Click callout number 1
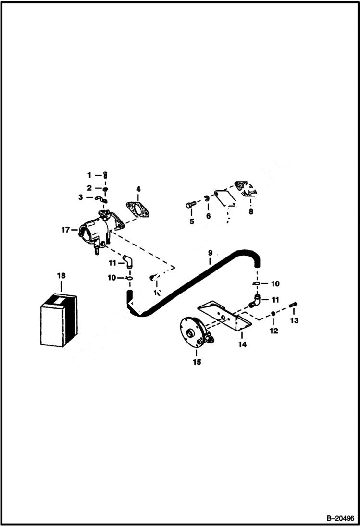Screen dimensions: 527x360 coord(89,174)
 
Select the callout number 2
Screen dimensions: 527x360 coord(89,188)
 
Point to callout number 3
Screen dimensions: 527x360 coord(81,197)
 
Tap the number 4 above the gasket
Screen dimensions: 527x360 coord(138,189)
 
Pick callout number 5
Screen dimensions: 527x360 coord(191,221)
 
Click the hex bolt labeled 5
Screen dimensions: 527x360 coord(189,206)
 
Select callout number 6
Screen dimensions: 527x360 coord(208,217)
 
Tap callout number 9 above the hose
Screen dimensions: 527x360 coord(210,252)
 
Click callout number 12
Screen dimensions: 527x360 coord(274,331)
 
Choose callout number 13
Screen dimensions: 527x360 coord(294,320)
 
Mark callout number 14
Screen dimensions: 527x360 coord(242,344)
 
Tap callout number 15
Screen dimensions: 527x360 coord(197,362)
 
